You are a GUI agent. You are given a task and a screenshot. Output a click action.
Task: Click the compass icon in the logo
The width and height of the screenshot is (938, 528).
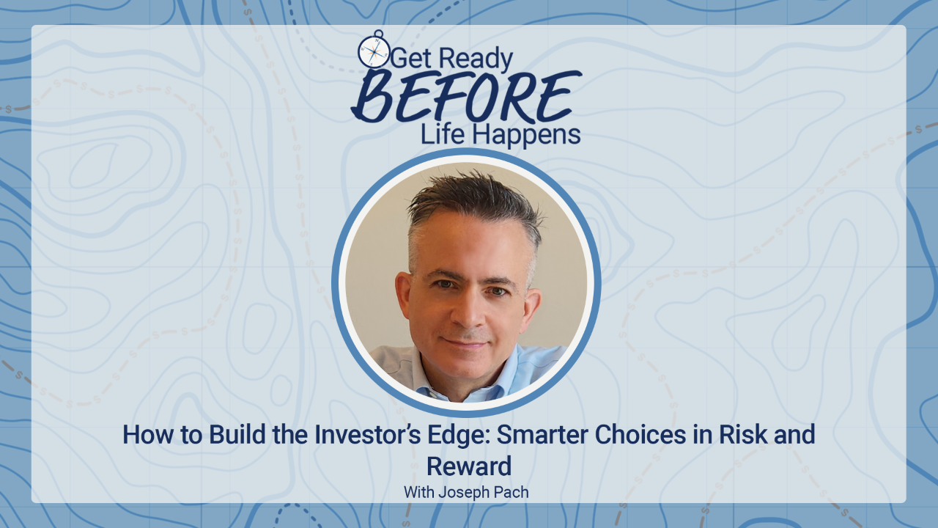point(373,51)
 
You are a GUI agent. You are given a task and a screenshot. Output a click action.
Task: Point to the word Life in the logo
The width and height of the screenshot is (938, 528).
point(442,134)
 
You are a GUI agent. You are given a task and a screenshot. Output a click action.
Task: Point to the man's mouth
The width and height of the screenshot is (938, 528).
point(466,342)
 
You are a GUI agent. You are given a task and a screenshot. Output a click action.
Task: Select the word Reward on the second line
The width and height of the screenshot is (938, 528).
point(468,466)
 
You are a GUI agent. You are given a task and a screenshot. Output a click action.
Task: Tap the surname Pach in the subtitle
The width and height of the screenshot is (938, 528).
point(512,492)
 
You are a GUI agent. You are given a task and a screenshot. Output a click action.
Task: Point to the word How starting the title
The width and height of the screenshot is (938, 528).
point(145,435)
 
